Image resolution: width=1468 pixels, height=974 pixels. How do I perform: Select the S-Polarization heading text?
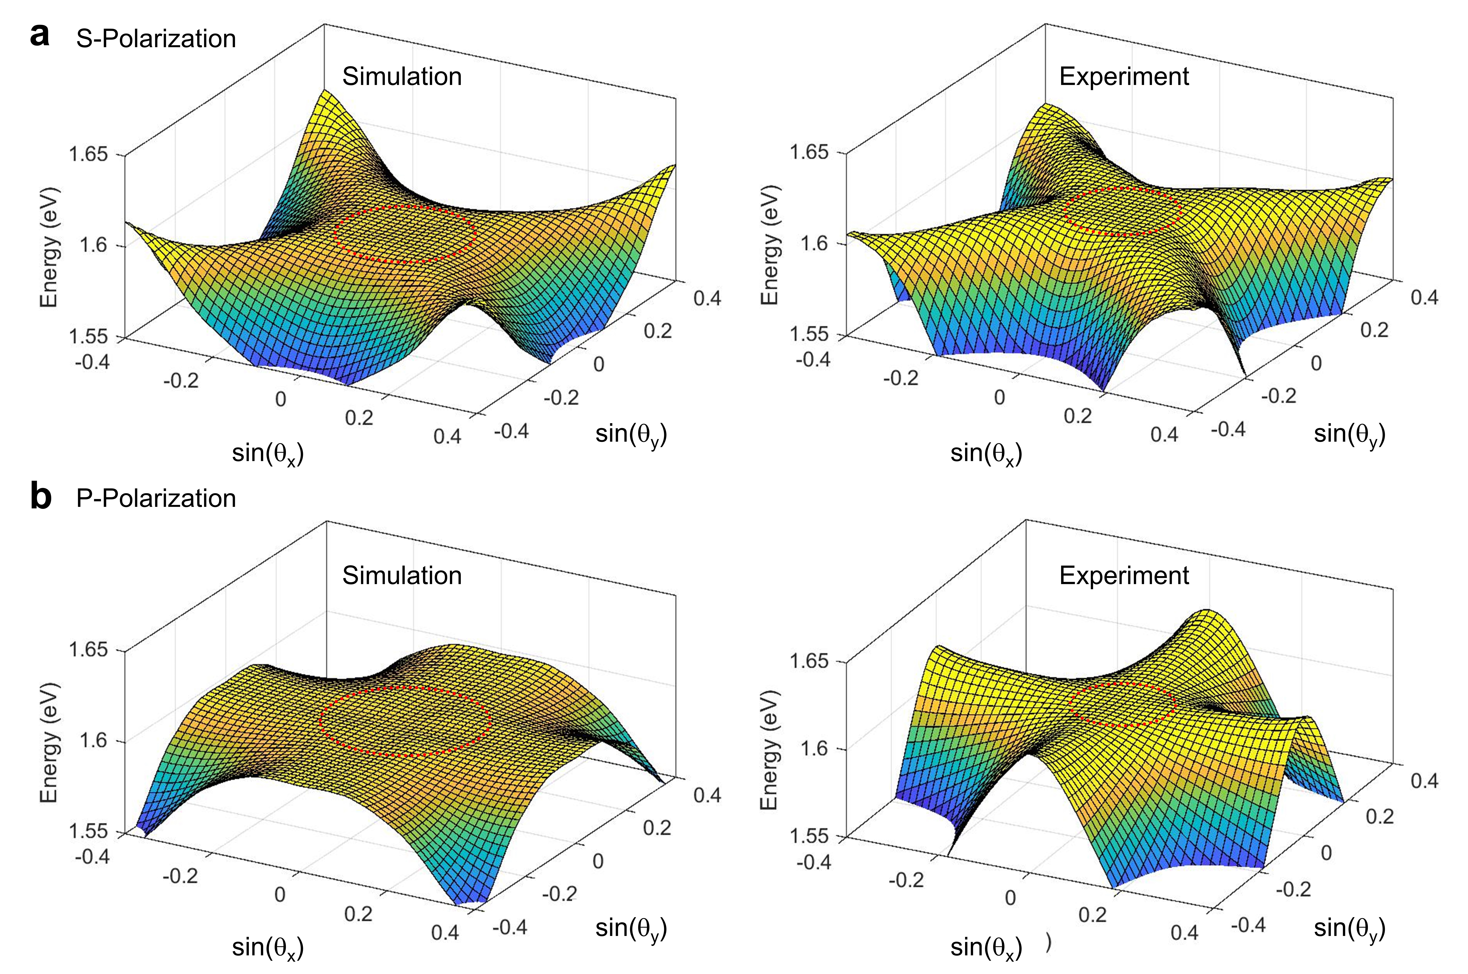(x=156, y=39)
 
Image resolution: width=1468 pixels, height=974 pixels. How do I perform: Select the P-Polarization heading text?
(x=156, y=498)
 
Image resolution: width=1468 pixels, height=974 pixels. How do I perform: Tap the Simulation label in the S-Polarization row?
(x=402, y=76)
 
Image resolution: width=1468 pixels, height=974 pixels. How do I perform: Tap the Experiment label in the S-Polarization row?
(x=1124, y=76)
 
